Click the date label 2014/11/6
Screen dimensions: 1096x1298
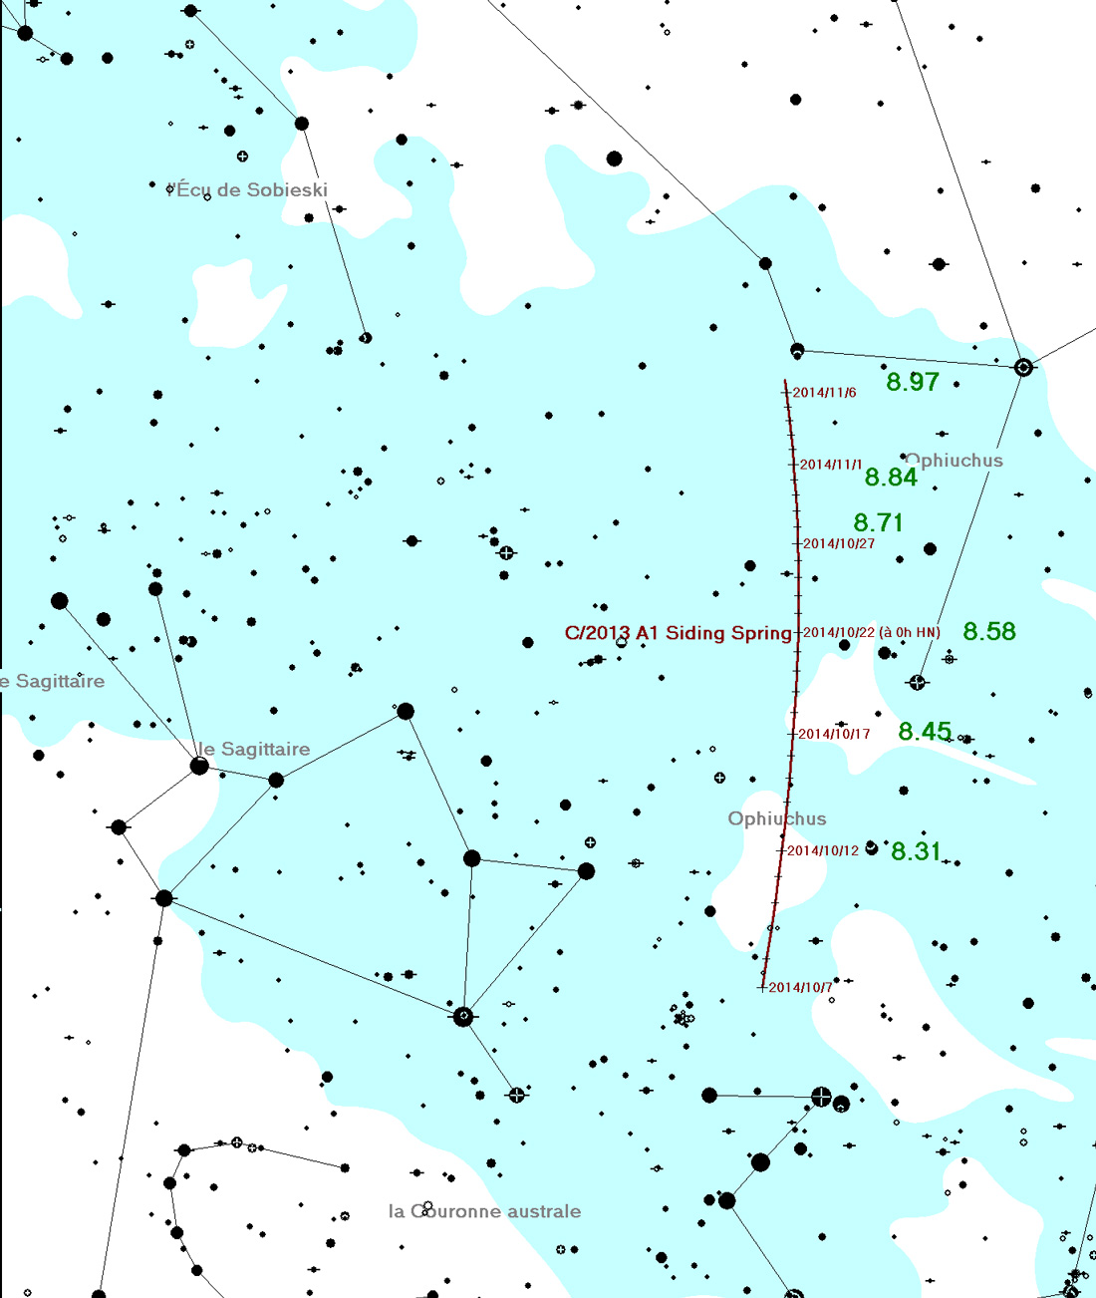pos(824,393)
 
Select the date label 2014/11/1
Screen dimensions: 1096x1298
pos(831,465)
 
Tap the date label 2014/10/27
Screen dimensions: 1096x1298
pos(839,544)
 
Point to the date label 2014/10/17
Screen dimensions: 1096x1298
pos(834,735)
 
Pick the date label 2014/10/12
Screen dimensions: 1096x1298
pos(823,851)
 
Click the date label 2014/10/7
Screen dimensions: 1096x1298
pos(800,988)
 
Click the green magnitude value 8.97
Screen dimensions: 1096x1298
pos(913,382)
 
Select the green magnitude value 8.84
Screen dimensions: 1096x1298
pos(891,478)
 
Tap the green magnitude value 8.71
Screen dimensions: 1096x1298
pos(878,522)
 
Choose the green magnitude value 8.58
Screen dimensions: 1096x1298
pos(989,631)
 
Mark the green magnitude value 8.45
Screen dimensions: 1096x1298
pos(925,732)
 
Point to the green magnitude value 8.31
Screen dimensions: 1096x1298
pos(916,851)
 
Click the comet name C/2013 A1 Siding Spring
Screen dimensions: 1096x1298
pos(678,633)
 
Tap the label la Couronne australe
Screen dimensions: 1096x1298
pos(484,1211)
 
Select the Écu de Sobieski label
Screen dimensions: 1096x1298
pos(250,189)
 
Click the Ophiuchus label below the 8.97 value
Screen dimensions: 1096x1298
pos(955,461)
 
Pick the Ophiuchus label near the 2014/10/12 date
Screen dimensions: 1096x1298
pos(777,818)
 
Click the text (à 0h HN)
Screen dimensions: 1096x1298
pos(910,632)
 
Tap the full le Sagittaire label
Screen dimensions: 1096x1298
pos(253,749)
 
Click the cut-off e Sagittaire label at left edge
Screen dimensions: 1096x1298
pos(53,682)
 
